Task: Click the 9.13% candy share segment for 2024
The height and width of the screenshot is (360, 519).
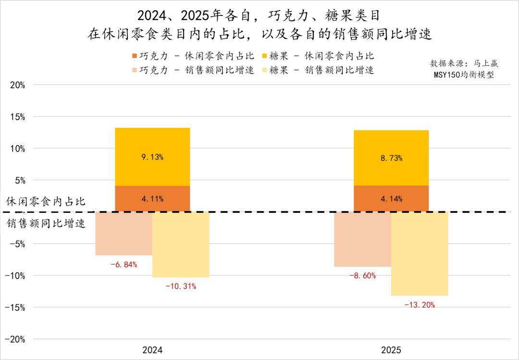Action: tap(152, 157)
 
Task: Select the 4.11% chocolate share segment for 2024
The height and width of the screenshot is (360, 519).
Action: tap(152, 199)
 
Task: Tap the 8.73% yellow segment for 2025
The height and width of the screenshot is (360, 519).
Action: tap(391, 158)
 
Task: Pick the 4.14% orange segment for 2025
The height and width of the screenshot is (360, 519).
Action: tap(391, 199)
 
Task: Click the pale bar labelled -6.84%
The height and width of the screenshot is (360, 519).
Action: tap(124, 234)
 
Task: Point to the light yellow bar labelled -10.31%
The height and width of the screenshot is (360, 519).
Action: tap(181, 245)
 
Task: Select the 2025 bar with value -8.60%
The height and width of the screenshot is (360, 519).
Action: tap(363, 239)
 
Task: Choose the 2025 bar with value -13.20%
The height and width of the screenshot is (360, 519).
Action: tap(420, 254)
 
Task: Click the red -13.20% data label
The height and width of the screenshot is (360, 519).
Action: tap(420, 305)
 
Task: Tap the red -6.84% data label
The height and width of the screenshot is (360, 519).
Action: tap(124, 264)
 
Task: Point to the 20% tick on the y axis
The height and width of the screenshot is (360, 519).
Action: tap(17, 85)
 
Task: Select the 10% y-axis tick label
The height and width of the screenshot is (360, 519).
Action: tap(17, 149)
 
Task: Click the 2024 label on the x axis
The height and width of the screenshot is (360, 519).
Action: tap(152, 350)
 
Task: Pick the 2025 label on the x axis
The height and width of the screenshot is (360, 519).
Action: tap(391, 350)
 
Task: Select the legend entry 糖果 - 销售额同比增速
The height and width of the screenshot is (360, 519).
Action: tap(321, 70)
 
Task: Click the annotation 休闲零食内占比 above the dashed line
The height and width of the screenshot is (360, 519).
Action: tap(46, 201)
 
